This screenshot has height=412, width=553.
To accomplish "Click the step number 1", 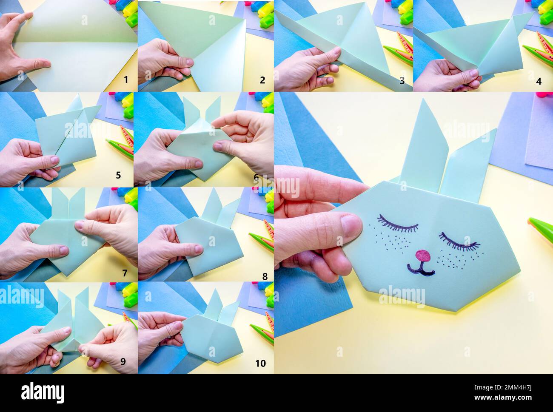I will [x=126, y=80].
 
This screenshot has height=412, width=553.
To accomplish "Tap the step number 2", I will [x=262, y=80].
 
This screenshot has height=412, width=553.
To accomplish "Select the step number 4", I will [x=539, y=81].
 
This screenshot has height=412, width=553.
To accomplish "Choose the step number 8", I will [x=265, y=276].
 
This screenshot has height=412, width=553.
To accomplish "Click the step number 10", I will [x=260, y=363].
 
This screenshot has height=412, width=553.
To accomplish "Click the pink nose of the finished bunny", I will [x=422, y=256].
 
